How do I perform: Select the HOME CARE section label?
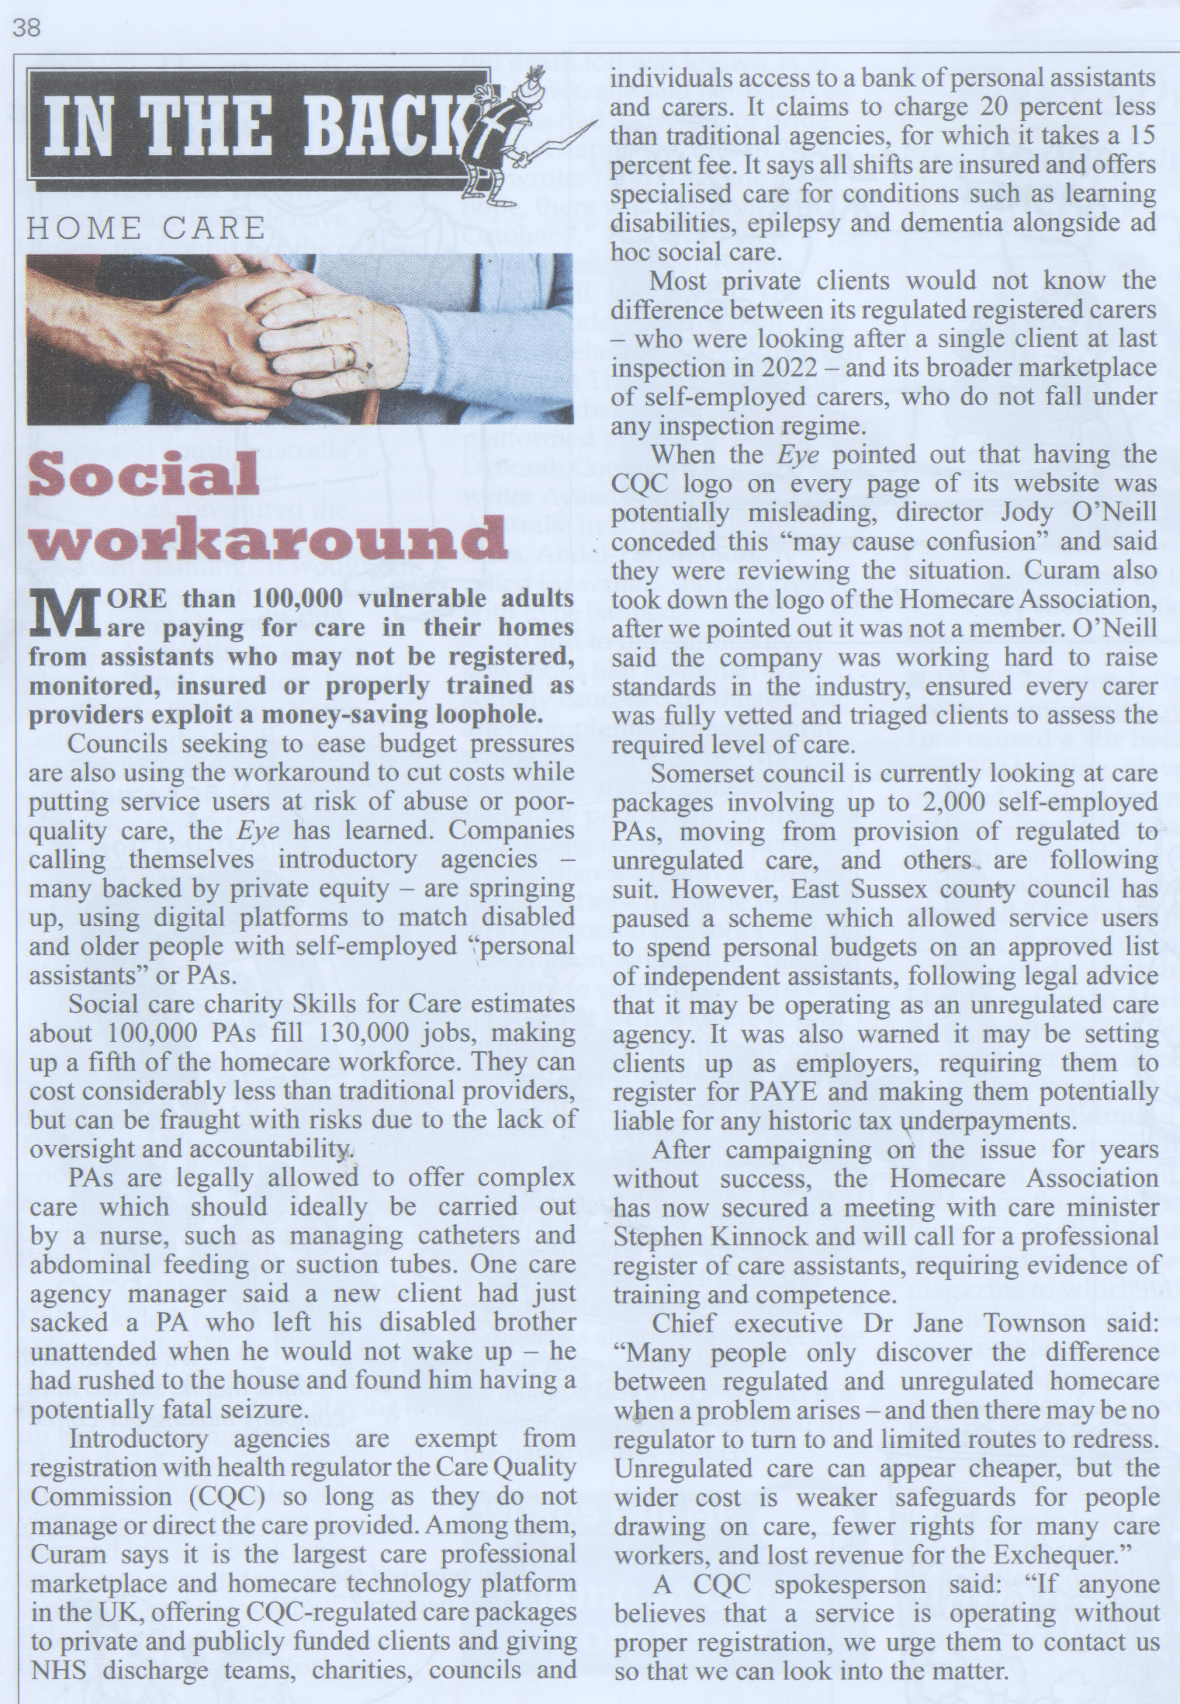coord(146,227)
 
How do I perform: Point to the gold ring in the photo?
coord(353,356)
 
